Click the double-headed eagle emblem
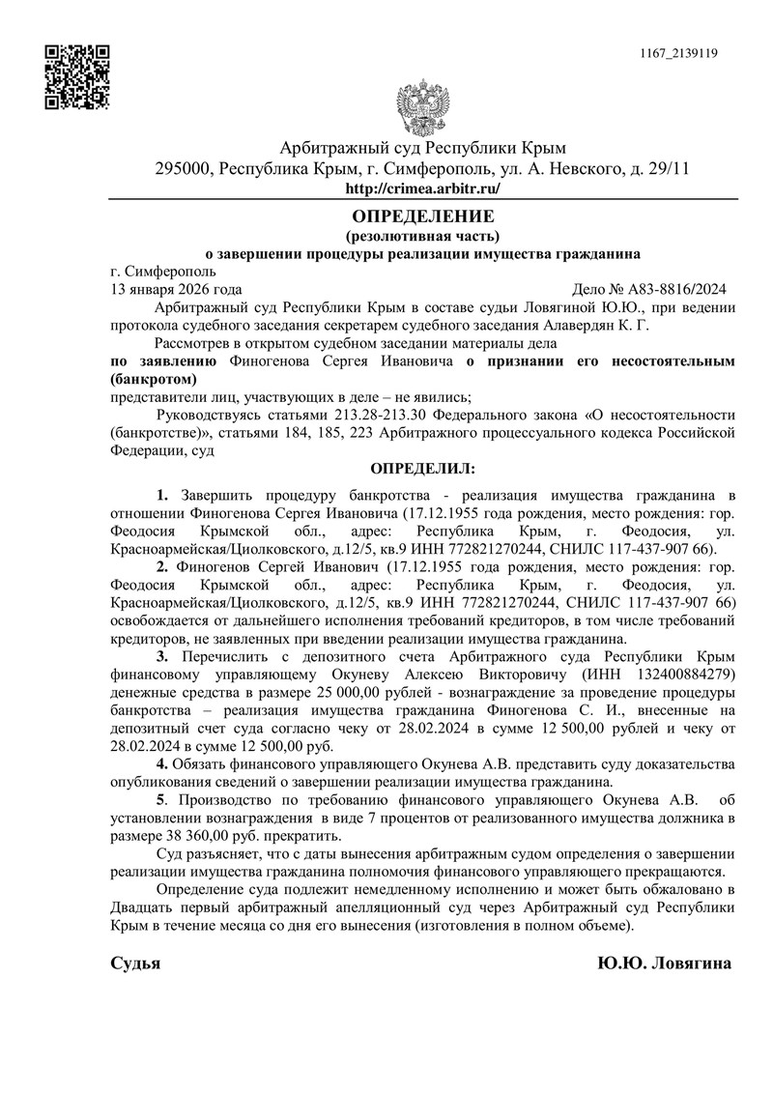pyautogui.click(x=422, y=109)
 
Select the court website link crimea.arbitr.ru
pyautogui.click(x=422, y=189)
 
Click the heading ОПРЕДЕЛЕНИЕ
pyautogui.click(x=422, y=216)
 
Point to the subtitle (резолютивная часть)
pyautogui.click(x=422, y=235)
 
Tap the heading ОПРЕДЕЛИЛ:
pyautogui.click(x=422, y=468)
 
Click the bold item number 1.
pyautogui.click(x=162, y=496)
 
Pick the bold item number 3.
pyautogui.click(x=162, y=656)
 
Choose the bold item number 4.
pyautogui.click(x=162, y=764)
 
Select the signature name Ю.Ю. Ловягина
pyautogui.click(x=664, y=964)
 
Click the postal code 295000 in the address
pyautogui.click(x=185, y=169)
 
